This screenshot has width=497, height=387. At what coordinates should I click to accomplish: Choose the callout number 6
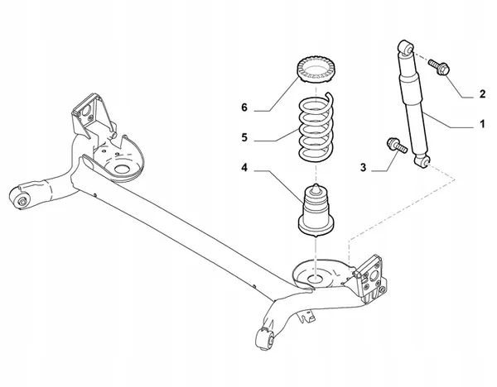click(x=244, y=107)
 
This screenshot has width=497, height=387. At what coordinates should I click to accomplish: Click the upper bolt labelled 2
click(x=439, y=69)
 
